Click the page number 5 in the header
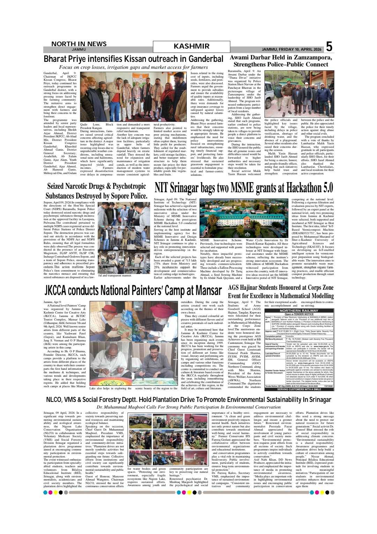(x=329, y=47)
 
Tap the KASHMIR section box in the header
(x=192, y=46)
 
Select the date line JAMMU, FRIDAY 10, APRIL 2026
(x=291, y=49)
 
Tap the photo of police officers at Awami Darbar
(x=299, y=94)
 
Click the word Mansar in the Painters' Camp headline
(x=208, y=290)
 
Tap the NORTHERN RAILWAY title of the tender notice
(x=299, y=310)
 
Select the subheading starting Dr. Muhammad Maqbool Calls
(x=188, y=407)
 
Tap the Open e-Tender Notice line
(x=299, y=314)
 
